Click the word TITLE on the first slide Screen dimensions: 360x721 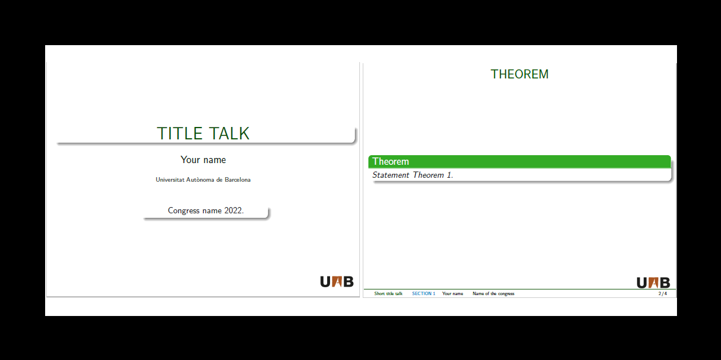coord(179,134)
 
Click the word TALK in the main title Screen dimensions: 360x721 coord(229,134)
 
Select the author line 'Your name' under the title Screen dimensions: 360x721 coord(203,160)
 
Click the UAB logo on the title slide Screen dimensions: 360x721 coord(337,281)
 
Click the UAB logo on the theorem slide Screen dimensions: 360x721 coord(653,283)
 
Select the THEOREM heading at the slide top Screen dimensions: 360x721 coord(520,74)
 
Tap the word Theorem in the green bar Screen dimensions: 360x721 coord(390,162)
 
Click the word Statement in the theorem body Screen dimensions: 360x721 coord(391,175)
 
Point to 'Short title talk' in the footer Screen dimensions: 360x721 coord(388,294)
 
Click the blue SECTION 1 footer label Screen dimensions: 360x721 coord(424,294)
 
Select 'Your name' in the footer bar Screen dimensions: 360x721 coord(452,294)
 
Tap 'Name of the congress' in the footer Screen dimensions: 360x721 coord(494,294)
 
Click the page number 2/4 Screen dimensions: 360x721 coord(662,294)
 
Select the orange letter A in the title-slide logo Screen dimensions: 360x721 coord(337,281)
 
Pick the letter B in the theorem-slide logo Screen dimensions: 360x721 coord(665,283)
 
